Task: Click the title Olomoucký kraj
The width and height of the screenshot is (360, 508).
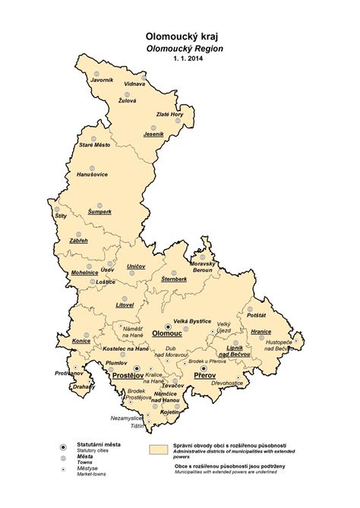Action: (179, 36)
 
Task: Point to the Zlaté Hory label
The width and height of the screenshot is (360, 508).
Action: (169, 114)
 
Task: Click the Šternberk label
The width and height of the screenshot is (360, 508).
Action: (174, 279)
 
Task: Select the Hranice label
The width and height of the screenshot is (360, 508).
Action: (261, 331)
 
